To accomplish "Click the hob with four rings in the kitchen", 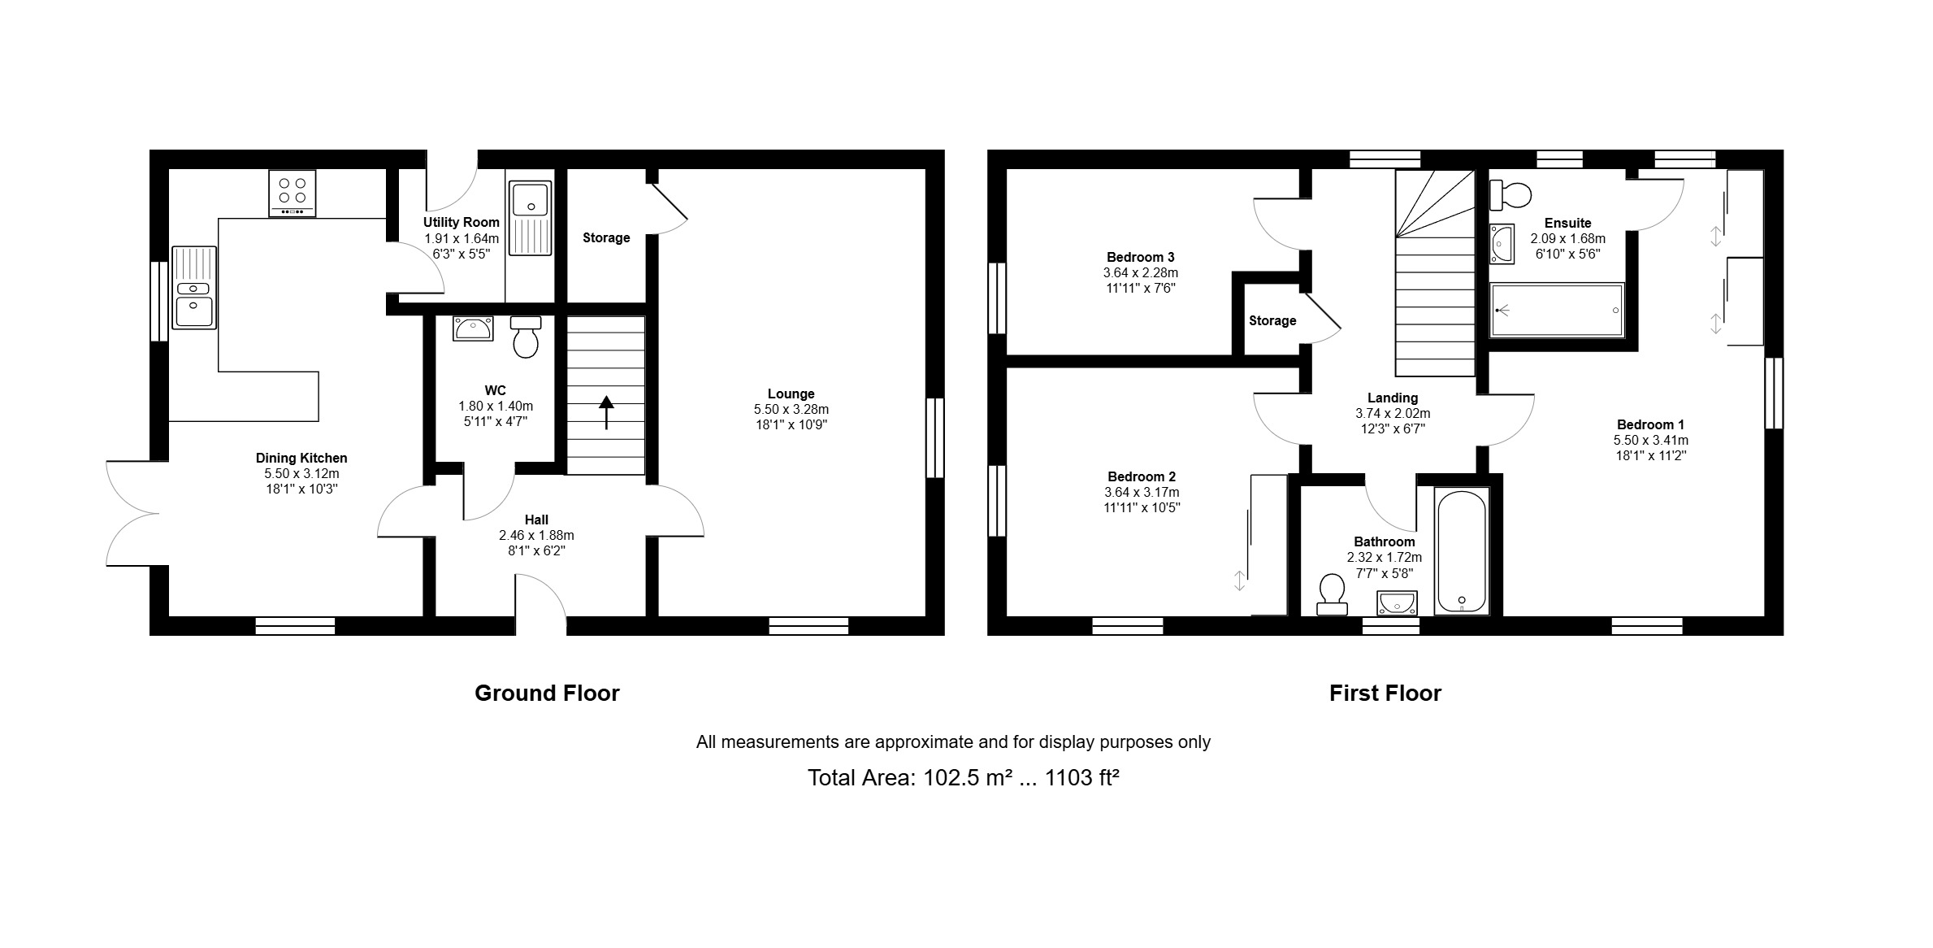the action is pyautogui.click(x=293, y=193).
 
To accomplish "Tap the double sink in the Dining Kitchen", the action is pyautogui.click(x=194, y=288).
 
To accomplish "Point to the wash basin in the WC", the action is pyautogui.click(x=474, y=328).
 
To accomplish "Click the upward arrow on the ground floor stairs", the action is pyautogui.click(x=606, y=411).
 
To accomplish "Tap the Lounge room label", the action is pyautogui.click(x=791, y=394).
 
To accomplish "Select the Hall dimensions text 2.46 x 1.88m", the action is pyautogui.click(x=536, y=535).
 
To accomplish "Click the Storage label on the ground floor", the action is pyautogui.click(x=606, y=237).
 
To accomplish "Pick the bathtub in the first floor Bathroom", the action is pyautogui.click(x=1462, y=551).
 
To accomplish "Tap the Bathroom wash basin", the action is pyautogui.click(x=1398, y=602).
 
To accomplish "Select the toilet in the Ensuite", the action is pyautogui.click(x=1510, y=195).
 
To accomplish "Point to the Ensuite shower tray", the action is pyautogui.click(x=1557, y=310).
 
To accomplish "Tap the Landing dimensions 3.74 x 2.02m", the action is pyautogui.click(x=1393, y=413).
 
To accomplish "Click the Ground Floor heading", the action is pyautogui.click(x=547, y=693).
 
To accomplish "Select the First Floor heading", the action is pyautogui.click(x=1385, y=693).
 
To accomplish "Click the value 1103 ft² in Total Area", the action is pyautogui.click(x=1081, y=777).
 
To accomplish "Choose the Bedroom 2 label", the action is pyautogui.click(x=1142, y=476).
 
